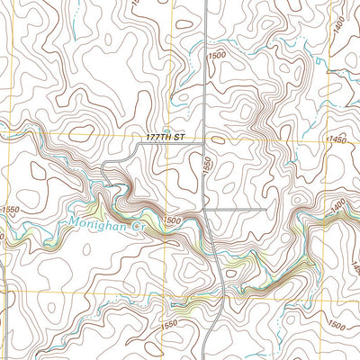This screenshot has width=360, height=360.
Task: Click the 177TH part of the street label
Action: coord(157,137)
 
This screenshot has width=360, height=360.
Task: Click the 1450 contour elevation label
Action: coord(338,140)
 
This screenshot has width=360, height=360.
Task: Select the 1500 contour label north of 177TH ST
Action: coord(216,56)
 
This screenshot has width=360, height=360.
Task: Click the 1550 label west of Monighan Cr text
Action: coord(10,209)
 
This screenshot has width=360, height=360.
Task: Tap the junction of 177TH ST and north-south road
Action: coord(205,138)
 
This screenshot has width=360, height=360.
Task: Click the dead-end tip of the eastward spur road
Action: coord(267,210)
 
